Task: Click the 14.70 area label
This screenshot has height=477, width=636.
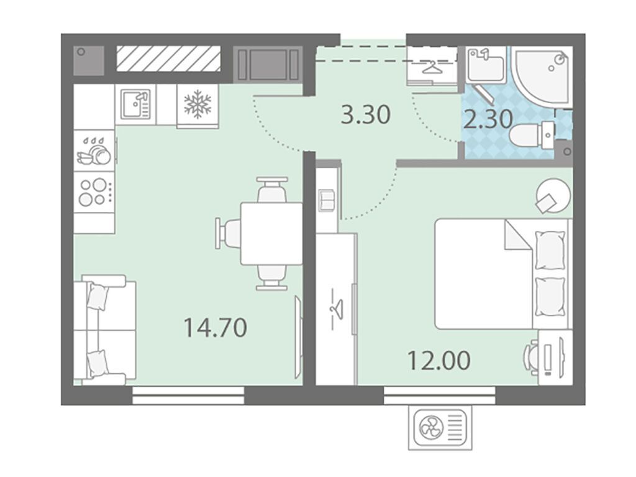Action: [215, 328]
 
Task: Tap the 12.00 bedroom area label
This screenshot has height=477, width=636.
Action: [439, 360]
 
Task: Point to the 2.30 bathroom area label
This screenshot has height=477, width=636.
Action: [488, 119]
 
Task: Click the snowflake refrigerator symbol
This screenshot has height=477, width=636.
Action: [198, 104]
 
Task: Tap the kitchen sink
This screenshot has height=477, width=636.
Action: [135, 104]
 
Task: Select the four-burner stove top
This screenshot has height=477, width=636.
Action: [94, 192]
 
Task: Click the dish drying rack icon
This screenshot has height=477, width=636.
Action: [94, 151]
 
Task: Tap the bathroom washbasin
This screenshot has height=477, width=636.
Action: [485, 65]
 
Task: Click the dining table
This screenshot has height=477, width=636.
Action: [271, 234]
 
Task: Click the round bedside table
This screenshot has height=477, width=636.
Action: [553, 196]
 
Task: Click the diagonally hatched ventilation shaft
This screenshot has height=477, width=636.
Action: [169, 58]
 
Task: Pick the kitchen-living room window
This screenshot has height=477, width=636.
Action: [188, 396]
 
